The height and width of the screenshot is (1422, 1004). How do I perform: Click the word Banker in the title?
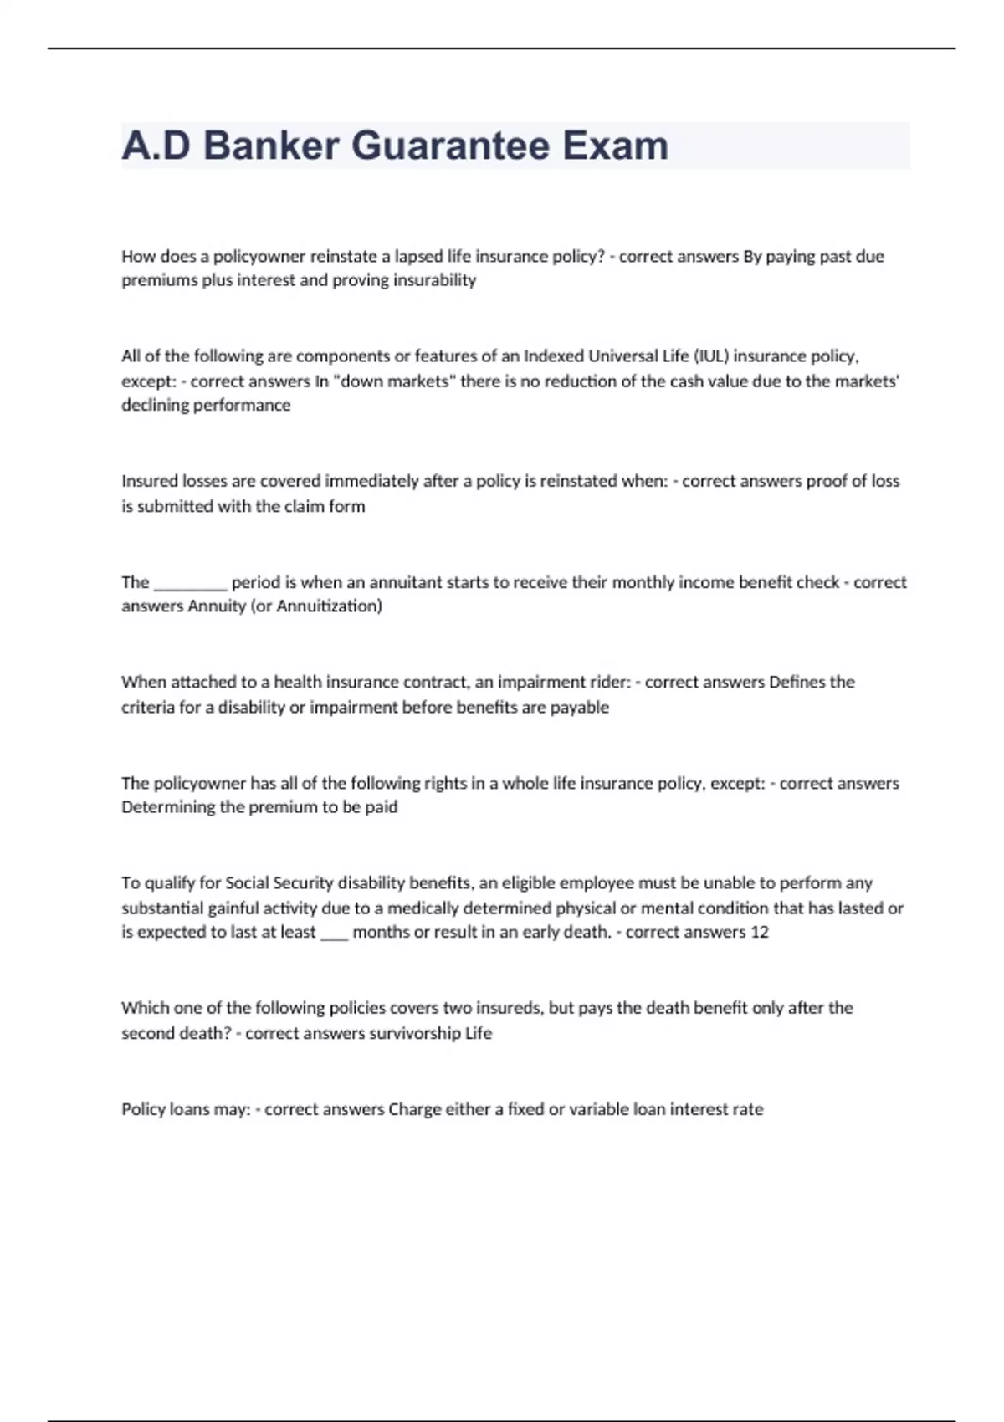pyautogui.click(x=270, y=146)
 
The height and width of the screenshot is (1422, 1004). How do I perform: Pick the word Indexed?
pyautogui.click(x=554, y=355)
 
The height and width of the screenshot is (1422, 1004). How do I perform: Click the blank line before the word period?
pyautogui.click(x=190, y=582)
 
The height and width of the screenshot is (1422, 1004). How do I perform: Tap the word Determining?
pyautogui.click(x=167, y=807)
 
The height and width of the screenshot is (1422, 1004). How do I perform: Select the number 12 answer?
pyautogui.click(x=759, y=932)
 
